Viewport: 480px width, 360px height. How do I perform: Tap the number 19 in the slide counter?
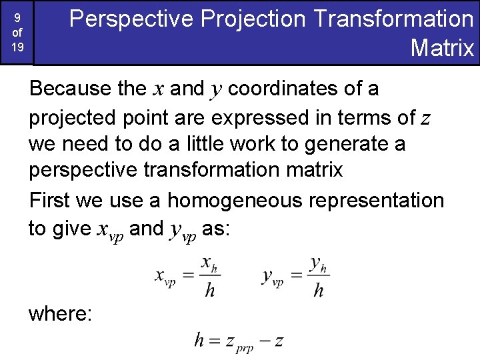[17, 48]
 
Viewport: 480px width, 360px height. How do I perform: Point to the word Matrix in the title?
[442, 48]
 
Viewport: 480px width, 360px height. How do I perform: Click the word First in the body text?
[49, 200]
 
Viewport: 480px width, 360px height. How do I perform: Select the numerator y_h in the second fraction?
[318, 264]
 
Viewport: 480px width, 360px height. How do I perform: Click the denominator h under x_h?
[209, 291]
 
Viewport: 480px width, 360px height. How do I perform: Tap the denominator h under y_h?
[318, 291]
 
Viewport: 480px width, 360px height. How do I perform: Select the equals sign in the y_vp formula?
[295, 277]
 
